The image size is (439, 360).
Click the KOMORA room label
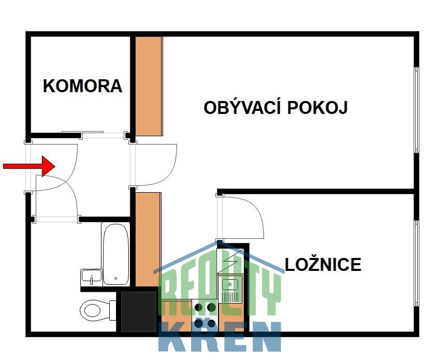point(82,86)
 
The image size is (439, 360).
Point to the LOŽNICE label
point(323,264)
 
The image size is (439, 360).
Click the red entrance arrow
point(29,166)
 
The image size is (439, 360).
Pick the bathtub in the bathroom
point(115,254)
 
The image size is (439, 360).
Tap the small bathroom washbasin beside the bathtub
point(91,278)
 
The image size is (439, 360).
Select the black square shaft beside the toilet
point(138,311)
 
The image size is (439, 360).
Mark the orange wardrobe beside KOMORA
point(149,86)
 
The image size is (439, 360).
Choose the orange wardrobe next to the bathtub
point(149,238)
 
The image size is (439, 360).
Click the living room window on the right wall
point(416,110)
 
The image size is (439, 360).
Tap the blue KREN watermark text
point(220,337)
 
